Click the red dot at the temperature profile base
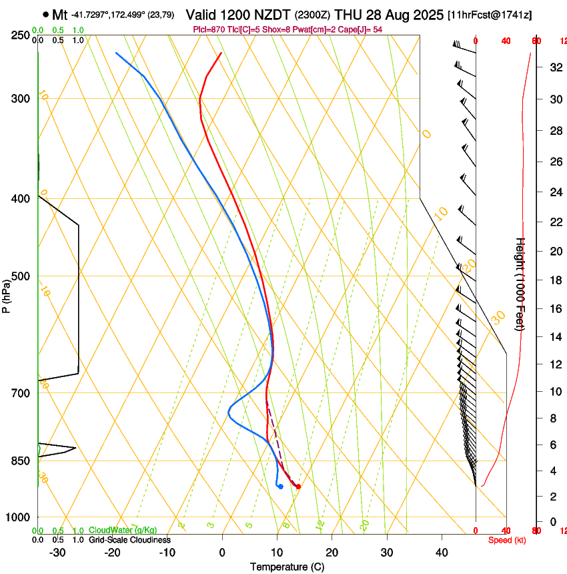[298, 487]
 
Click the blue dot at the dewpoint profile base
[281, 487]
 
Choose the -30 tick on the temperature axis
[57, 553]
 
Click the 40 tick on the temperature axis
[442, 553]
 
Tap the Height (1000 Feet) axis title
[520, 284]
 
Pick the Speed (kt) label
[507, 540]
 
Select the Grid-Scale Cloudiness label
[129, 540]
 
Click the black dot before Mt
[45, 13]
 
